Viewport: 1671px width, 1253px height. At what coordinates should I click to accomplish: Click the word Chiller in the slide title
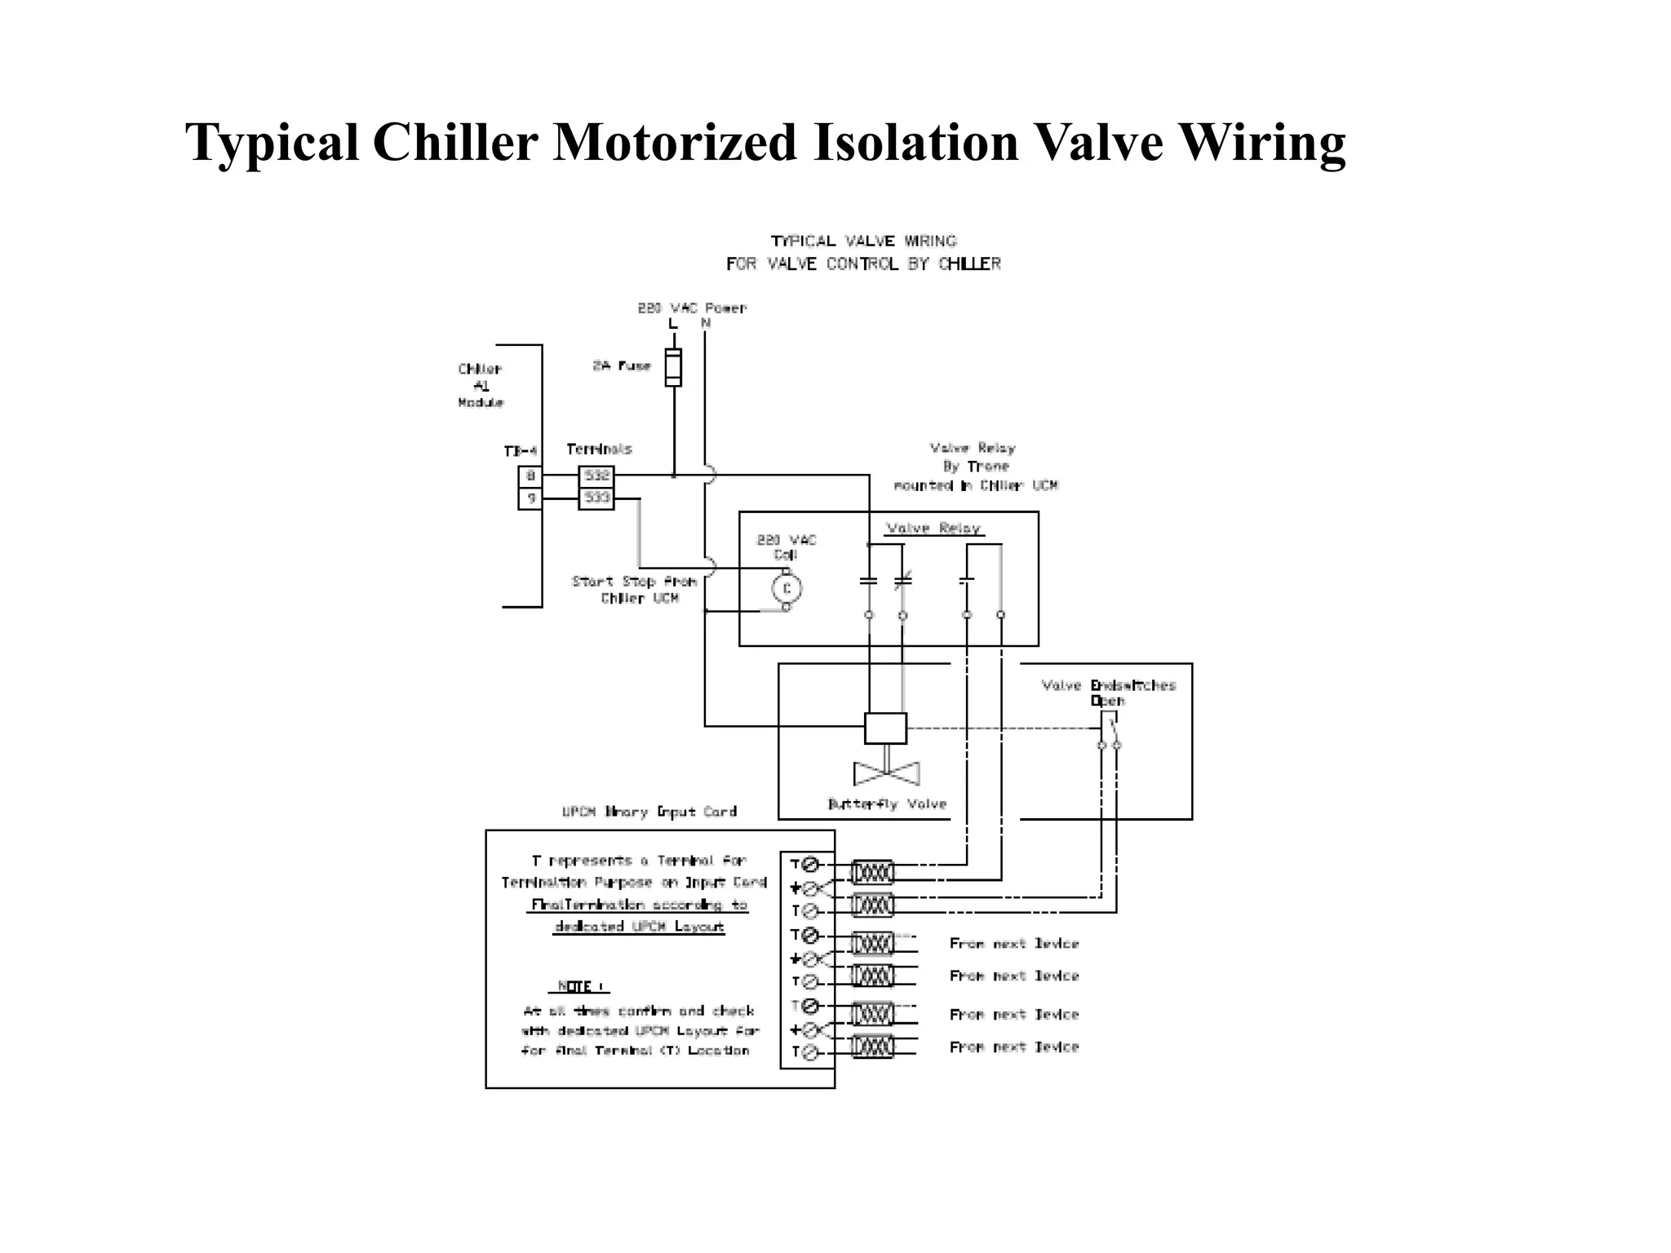[x=455, y=143]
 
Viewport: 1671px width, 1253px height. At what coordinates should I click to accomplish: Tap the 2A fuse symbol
[x=673, y=367]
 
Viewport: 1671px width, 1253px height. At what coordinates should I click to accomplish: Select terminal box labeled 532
[x=596, y=476]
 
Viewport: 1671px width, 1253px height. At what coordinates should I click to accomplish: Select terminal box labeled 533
[x=596, y=498]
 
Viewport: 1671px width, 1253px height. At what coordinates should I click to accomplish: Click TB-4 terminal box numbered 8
[x=530, y=476]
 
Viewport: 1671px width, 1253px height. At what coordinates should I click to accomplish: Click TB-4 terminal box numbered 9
[x=530, y=498]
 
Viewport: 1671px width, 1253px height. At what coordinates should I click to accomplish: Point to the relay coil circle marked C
[x=787, y=588]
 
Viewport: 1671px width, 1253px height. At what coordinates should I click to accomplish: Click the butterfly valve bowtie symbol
[x=886, y=773]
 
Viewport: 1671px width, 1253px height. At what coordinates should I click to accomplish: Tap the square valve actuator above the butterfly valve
[x=885, y=728]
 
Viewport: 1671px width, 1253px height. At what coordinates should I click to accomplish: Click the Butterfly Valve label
[x=887, y=804]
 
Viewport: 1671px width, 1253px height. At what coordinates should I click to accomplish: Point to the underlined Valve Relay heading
[x=933, y=529]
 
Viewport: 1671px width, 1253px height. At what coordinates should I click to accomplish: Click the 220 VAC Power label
[x=692, y=308]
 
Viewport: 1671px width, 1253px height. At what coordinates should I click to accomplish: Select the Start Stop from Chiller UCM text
[x=636, y=590]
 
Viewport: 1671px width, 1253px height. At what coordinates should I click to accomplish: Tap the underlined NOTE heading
[x=578, y=986]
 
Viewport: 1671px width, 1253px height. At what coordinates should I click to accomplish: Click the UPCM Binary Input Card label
[x=649, y=812]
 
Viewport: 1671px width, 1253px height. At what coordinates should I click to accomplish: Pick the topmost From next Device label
[x=1013, y=944]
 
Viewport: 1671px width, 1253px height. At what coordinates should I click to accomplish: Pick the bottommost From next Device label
[x=1013, y=1047]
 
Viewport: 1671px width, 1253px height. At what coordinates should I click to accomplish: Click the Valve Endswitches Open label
[x=1108, y=693]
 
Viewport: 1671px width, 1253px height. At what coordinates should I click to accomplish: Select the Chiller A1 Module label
[x=481, y=386]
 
